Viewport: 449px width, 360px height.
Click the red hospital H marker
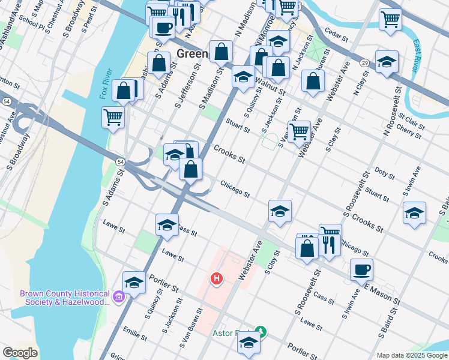(x=216, y=279)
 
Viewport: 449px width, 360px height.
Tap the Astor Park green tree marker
(x=260, y=331)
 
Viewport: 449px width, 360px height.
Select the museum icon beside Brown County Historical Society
(x=119, y=297)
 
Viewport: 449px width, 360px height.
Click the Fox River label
(x=106, y=83)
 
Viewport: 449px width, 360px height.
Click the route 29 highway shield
(x=364, y=62)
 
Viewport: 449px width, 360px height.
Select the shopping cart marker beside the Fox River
(x=113, y=117)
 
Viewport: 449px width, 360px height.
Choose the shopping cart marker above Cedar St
(x=390, y=19)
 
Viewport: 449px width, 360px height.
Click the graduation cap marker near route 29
(x=387, y=61)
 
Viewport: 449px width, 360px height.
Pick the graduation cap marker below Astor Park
(x=248, y=343)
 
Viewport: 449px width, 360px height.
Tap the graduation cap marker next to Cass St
(x=167, y=224)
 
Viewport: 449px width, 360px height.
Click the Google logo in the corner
(x=20, y=352)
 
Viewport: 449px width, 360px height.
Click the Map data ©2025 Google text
(x=412, y=355)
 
